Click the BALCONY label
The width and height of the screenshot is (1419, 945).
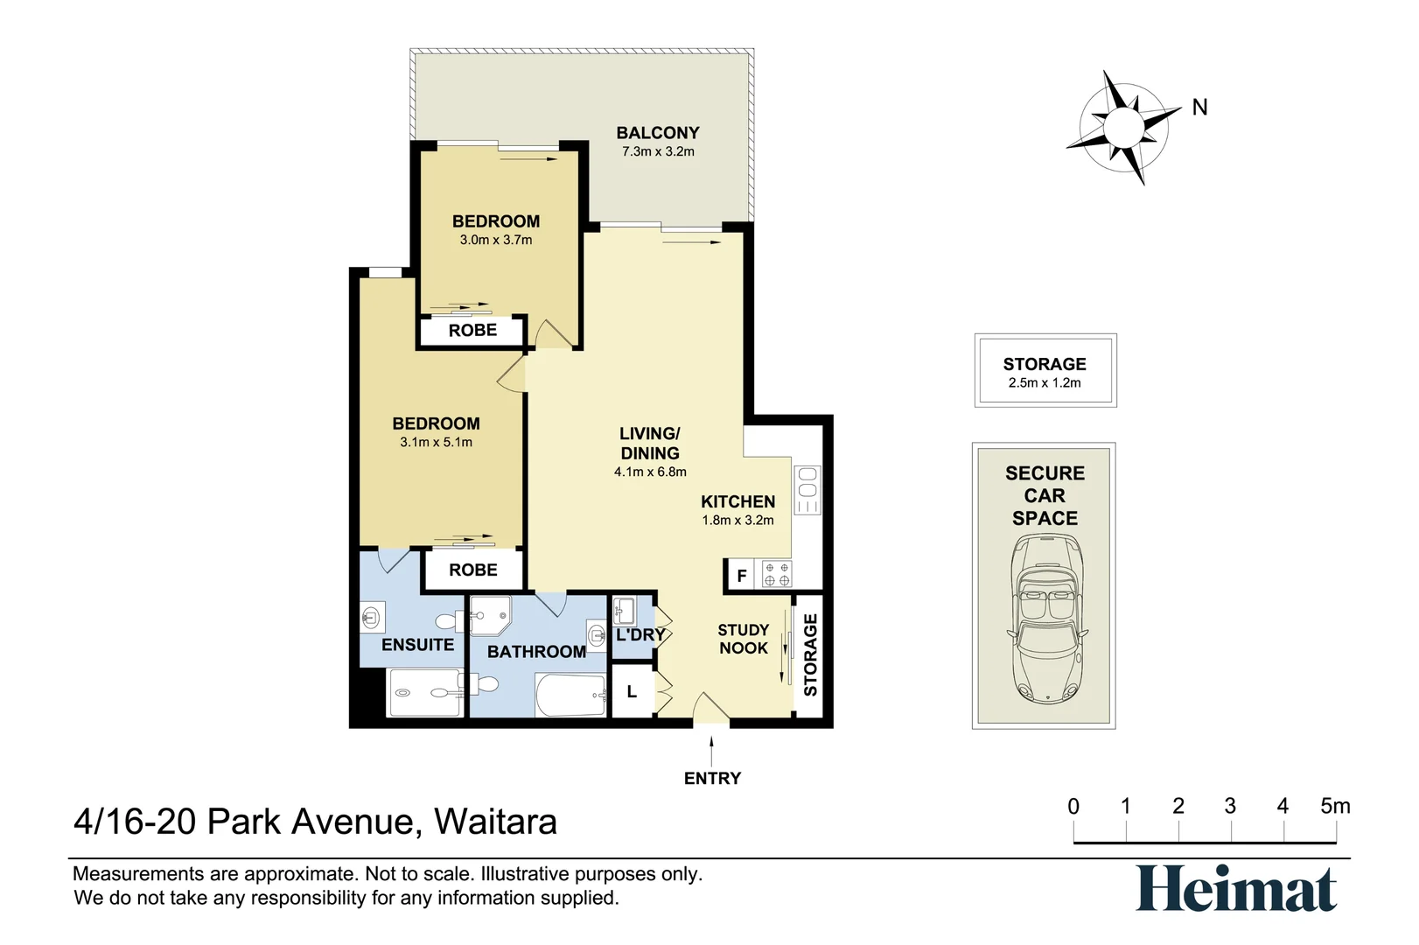(657, 133)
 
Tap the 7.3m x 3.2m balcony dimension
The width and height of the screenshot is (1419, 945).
(658, 151)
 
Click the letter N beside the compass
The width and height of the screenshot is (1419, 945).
(1199, 108)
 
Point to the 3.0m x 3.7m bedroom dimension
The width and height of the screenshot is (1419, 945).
(495, 240)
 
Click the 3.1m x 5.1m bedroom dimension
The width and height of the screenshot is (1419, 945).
(436, 442)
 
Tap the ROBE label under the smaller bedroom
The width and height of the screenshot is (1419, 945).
(472, 331)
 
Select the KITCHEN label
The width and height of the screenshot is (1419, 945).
(737, 501)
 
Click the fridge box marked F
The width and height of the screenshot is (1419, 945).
(742, 576)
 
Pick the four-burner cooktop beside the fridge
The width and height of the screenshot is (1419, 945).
(776, 574)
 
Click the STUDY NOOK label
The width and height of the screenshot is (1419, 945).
(743, 639)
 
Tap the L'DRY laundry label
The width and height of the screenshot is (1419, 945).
(640, 634)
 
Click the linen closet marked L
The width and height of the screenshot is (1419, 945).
(632, 692)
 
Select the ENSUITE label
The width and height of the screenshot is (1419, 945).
(417, 645)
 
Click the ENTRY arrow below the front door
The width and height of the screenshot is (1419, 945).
(711, 750)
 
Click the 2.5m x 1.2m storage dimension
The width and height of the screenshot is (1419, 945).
(1045, 382)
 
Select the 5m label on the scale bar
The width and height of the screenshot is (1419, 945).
(1334, 806)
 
